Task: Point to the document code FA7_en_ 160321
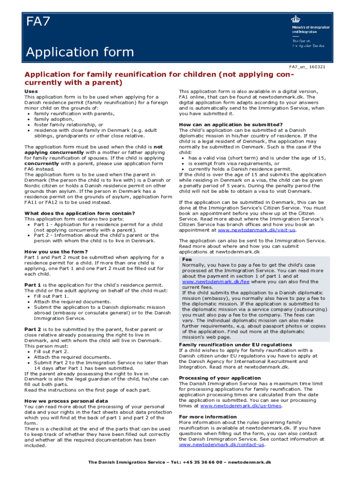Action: click(307, 67)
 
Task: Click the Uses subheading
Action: click(32, 91)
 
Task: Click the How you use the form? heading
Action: click(56, 252)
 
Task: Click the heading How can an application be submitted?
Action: click(231, 124)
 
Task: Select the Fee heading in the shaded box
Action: click(187, 259)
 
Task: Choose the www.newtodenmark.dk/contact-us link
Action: click(222, 444)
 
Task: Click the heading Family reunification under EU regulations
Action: click(235, 345)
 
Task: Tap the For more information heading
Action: click(208, 417)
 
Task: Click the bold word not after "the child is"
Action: click(158, 146)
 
